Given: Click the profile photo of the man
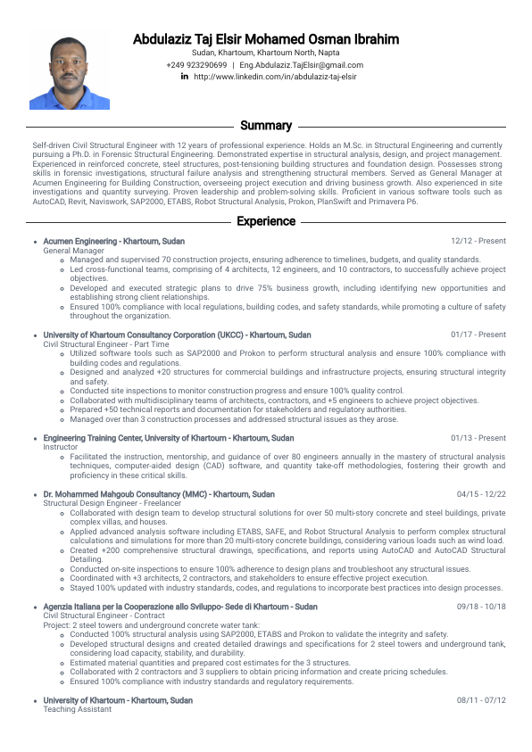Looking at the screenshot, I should pyautogui.click(x=70, y=73).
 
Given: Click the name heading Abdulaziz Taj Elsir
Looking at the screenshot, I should pyautogui.click(x=266, y=39).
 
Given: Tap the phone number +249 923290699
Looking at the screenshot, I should pyautogui.click(x=196, y=65).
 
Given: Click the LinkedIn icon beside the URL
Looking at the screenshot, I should pyautogui.click(x=185, y=77).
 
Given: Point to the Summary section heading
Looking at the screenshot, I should pyautogui.click(x=266, y=126).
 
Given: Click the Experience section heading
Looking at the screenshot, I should pyautogui.click(x=266, y=221).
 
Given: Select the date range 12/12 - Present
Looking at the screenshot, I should pyautogui.click(x=478, y=241).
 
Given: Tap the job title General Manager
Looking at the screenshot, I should pyautogui.click(x=74, y=251).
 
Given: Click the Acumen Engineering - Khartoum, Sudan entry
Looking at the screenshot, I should pyautogui.click(x=114, y=241).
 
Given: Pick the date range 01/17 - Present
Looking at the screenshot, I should pyautogui.click(x=478, y=335).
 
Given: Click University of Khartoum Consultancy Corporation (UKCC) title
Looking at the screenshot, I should pyautogui.click(x=177, y=335).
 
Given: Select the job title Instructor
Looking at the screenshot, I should pyautogui.click(x=61, y=448).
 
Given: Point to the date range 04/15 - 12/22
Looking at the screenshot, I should pyautogui.click(x=481, y=494).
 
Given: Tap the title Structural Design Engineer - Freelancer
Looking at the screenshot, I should pyautogui.click(x=108, y=504).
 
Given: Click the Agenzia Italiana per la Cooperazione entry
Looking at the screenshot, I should pyautogui.click(x=180, y=607).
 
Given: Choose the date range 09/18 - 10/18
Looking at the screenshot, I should pyautogui.click(x=481, y=607).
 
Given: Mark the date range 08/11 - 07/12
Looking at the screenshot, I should pyautogui.click(x=481, y=700).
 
